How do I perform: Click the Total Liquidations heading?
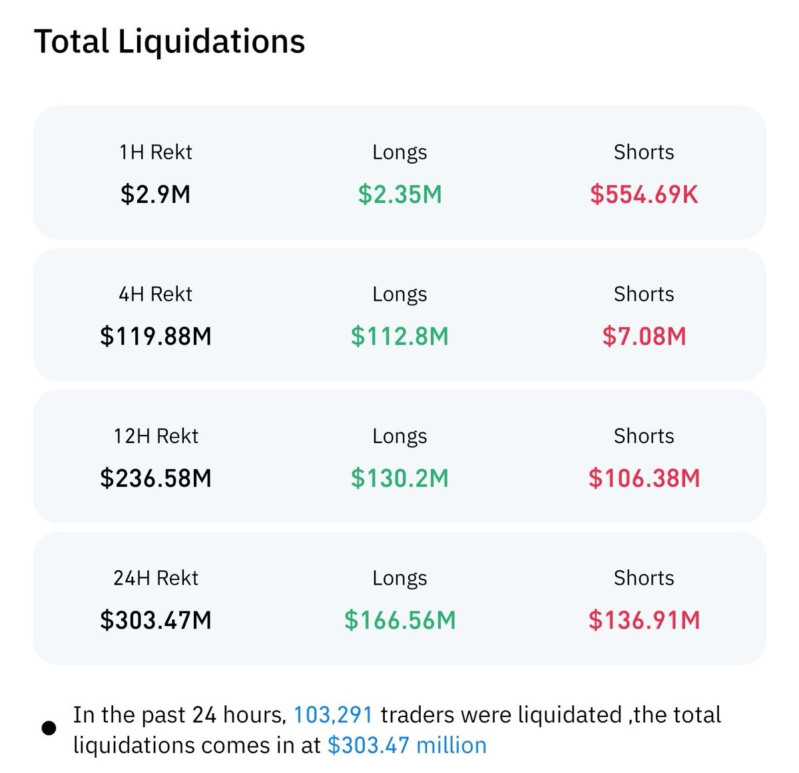[x=169, y=41]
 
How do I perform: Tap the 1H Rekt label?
[x=155, y=152]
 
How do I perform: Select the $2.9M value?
[x=155, y=195]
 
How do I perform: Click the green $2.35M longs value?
[x=400, y=195]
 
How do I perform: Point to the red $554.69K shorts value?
[x=644, y=195]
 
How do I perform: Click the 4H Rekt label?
[x=155, y=294]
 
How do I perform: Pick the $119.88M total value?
[x=155, y=337]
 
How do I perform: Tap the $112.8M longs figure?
[x=400, y=337]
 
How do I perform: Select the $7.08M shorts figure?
[x=644, y=337]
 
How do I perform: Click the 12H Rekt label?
[x=155, y=436]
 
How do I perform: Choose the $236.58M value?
[x=155, y=478]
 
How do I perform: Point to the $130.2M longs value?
[x=400, y=478]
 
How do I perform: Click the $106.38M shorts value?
[x=644, y=478]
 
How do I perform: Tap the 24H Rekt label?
[x=155, y=578]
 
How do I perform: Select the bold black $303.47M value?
[x=155, y=620]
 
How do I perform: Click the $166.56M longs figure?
[x=400, y=620]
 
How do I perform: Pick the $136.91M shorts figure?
[x=644, y=620]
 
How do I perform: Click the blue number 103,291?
[x=333, y=715]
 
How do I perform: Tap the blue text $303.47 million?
[x=407, y=745]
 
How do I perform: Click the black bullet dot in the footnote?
[x=49, y=728]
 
